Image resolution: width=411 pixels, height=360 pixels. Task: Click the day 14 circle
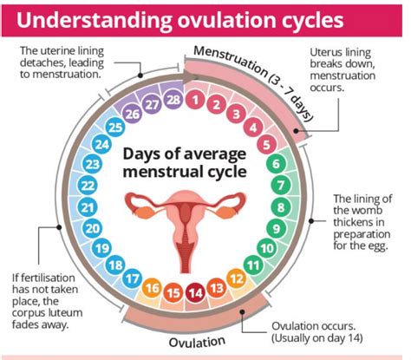(x=195, y=293)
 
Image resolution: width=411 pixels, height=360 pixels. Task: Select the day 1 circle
(x=195, y=101)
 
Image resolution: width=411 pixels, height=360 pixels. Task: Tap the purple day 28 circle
(x=173, y=100)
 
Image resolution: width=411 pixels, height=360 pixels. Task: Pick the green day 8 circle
(x=281, y=207)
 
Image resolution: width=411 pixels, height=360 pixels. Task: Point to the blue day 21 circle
(x=88, y=207)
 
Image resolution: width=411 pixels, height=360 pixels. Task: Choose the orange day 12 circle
(x=237, y=278)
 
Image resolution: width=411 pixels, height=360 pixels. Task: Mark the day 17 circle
(x=133, y=278)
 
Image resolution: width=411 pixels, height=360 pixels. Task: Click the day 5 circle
(x=266, y=145)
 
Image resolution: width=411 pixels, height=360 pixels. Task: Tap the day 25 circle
(x=115, y=128)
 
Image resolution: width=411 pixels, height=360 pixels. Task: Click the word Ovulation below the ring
(x=197, y=342)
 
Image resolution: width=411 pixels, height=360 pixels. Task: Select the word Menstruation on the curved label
(x=231, y=61)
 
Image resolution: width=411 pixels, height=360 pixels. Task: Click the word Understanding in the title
(x=94, y=20)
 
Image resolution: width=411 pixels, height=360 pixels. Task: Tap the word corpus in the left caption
(x=29, y=313)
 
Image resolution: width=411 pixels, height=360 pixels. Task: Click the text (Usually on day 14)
(x=317, y=338)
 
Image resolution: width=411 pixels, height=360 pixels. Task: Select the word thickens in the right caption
(x=358, y=222)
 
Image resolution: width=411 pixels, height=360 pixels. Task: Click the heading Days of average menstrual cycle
(x=185, y=163)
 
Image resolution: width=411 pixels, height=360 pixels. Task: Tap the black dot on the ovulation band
(x=243, y=311)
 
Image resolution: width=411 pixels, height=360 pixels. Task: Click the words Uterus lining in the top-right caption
(x=340, y=52)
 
